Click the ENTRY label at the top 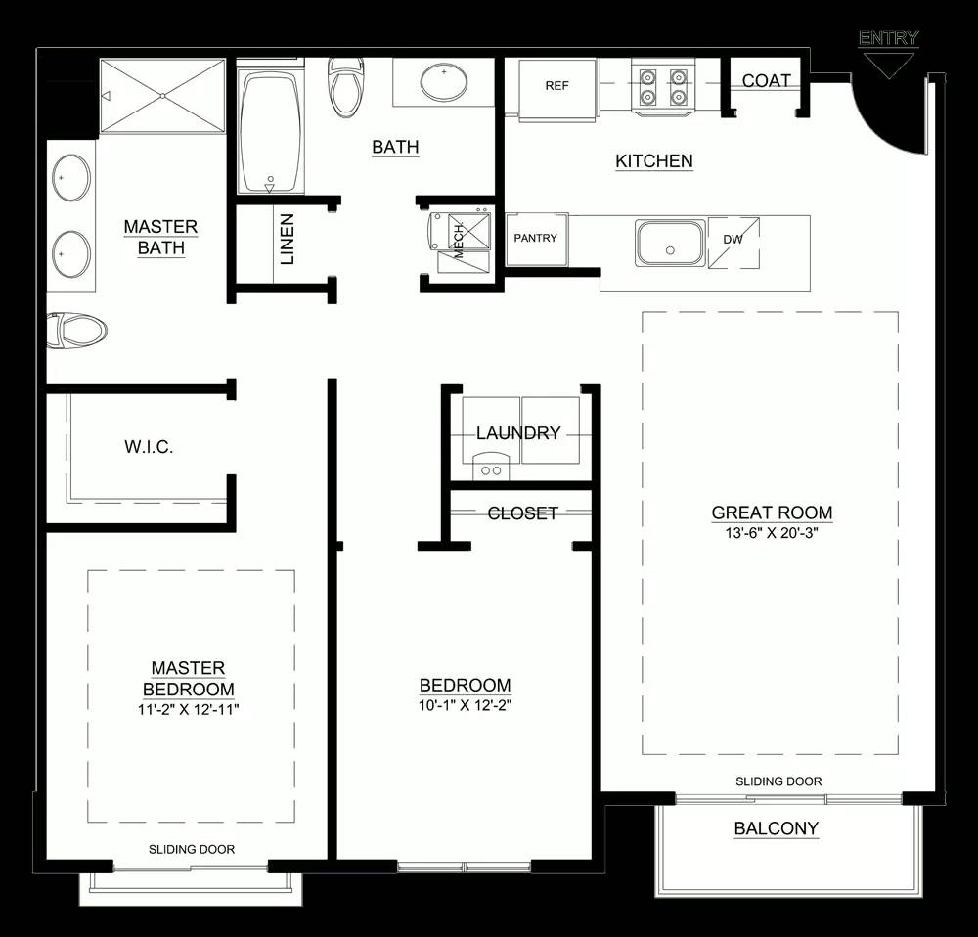[888, 38]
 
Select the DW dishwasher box [733, 242]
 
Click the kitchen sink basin [671, 243]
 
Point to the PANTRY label [536, 238]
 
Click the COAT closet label [767, 80]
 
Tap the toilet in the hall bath [346, 87]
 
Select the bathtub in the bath [271, 132]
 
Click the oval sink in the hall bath [444, 82]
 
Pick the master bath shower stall [162, 96]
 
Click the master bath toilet [76, 330]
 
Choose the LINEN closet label [287, 239]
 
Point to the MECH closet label [459, 241]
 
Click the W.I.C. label [149, 447]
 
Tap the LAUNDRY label [518, 433]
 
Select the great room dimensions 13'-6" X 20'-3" [772, 533]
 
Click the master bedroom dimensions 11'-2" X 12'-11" [189, 710]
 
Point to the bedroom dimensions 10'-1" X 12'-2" [466, 705]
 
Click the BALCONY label [776, 828]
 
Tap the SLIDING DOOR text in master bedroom [192, 849]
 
